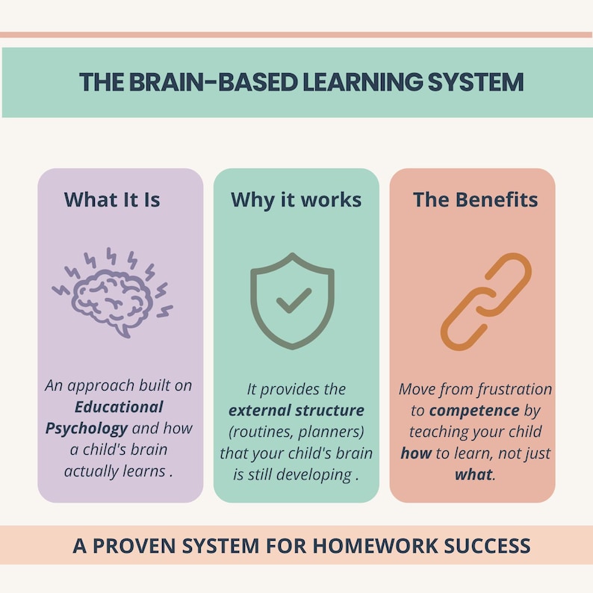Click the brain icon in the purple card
(112, 292)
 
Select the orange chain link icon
(485, 302)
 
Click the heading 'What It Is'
(112, 199)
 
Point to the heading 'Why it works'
(296, 199)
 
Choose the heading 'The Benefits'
(476, 199)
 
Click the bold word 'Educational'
(119, 407)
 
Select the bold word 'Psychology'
(86, 429)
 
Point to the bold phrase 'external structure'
(296, 410)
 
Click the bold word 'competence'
(474, 410)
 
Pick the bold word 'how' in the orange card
(416, 453)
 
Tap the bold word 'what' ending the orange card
(474, 474)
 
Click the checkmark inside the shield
(293, 301)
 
